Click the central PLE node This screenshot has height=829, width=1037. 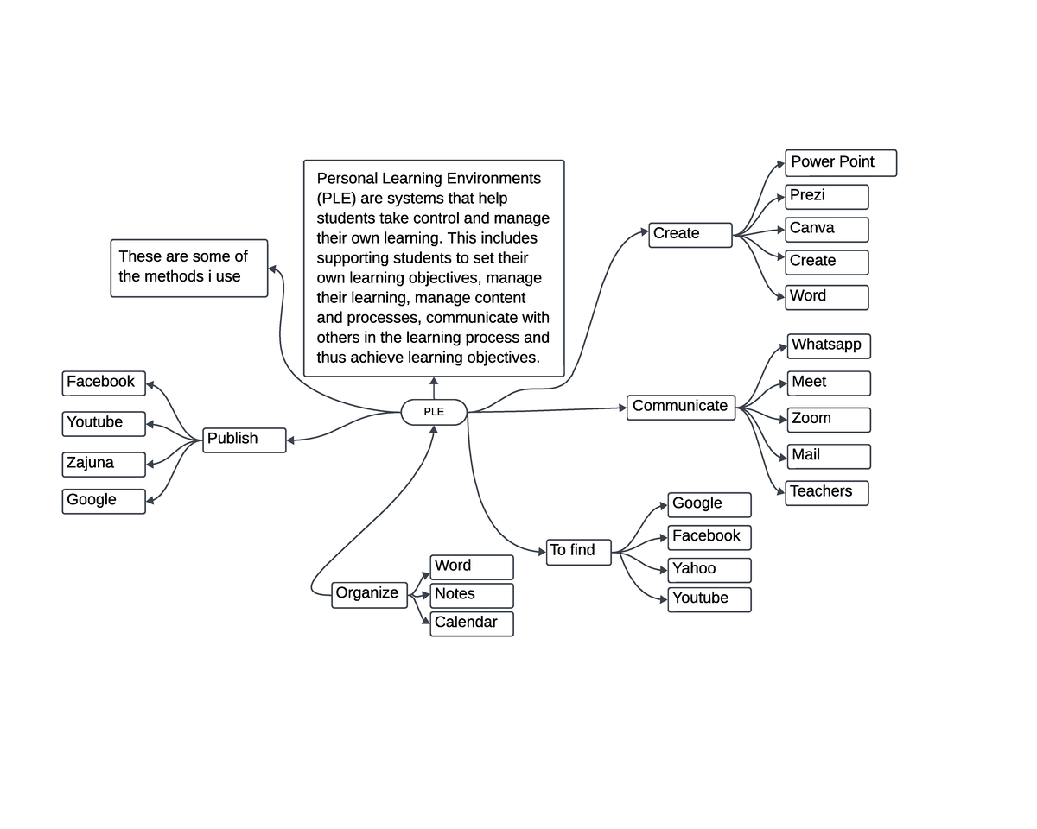(434, 412)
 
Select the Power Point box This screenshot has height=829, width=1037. (841, 163)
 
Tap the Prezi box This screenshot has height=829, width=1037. (827, 197)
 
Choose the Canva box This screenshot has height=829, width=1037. (827, 230)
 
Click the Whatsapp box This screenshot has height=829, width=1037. (829, 345)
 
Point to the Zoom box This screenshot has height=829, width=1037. (829, 420)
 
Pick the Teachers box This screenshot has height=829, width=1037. (827, 492)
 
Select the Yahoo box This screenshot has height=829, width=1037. (709, 570)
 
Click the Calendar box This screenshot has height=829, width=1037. (472, 623)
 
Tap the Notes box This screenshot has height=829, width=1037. (472, 595)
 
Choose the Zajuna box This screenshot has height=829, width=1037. (104, 464)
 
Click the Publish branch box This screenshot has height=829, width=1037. (245, 440)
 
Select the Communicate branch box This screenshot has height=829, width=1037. (681, 407)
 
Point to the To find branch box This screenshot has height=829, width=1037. (579, 552)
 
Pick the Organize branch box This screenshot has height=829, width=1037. (369, 594)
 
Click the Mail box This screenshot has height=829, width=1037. (829, 456)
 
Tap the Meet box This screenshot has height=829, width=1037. (829, 383)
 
